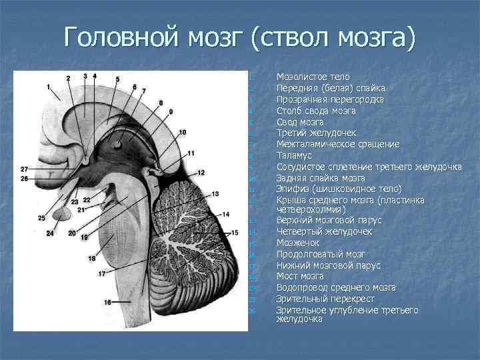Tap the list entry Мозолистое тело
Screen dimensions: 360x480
[313, 77]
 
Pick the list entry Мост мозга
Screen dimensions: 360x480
[300, 276]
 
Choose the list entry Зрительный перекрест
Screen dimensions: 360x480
[325, 299]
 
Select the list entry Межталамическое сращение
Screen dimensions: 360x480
[338, 144]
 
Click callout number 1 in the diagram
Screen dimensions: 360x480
[49, 87]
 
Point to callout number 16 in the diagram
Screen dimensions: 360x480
[107, 303]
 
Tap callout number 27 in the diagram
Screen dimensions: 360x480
[24, 169]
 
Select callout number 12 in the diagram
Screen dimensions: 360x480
[201, 173]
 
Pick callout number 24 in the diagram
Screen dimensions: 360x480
[50, 233]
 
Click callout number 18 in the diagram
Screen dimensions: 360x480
[92, 258]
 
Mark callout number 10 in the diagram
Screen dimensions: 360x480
[183, 132]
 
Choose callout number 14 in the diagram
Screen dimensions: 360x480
[225, 214]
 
